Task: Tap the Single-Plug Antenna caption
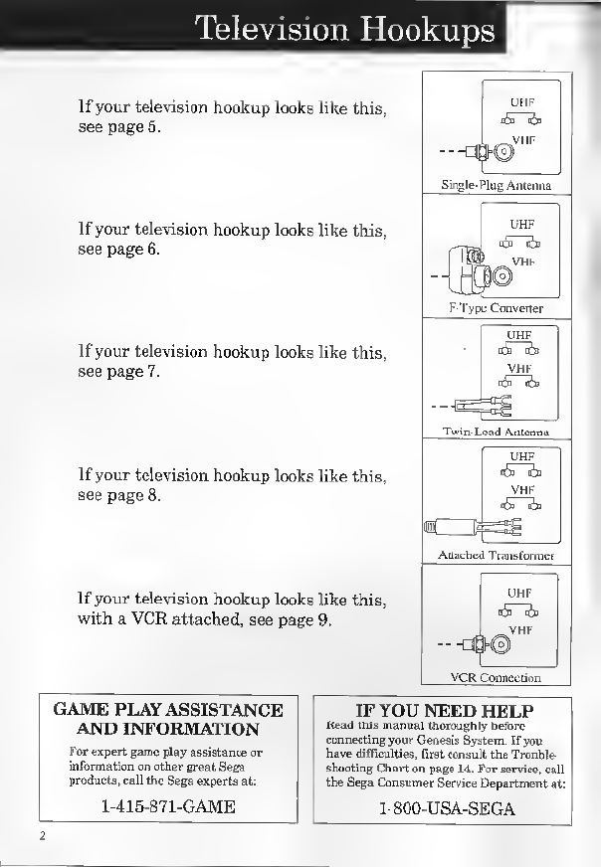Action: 496,185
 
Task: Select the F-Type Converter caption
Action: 496,308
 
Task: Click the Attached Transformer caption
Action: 496,555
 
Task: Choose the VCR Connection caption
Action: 496,678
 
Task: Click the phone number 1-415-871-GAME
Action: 168,806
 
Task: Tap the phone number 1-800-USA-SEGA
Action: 446,808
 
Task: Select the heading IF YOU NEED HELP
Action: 445,711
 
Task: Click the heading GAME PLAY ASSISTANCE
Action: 168,710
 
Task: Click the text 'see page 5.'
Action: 118,128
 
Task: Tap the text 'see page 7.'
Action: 118,372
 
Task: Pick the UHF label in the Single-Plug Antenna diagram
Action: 522,102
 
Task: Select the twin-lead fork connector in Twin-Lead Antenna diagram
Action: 493,405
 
